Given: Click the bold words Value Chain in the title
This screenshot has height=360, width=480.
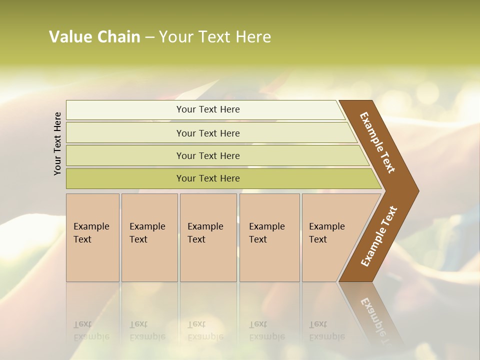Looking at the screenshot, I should click(x=94, y=37).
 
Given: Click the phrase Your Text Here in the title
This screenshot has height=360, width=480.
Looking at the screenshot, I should click(x=215, y=37).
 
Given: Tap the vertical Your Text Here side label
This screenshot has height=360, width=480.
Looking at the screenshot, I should click(x=57, y=143).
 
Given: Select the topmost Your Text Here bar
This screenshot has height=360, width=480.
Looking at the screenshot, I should click(x=207, y=109).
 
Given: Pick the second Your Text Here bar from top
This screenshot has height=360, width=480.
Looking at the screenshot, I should click(x=207, y=133).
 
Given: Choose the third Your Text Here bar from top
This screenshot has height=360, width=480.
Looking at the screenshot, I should click(x=207, y=155).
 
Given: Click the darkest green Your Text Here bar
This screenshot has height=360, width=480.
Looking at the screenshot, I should click(x=207, y=178).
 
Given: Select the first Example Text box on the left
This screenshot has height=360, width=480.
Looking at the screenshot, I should click(x=92, y=237).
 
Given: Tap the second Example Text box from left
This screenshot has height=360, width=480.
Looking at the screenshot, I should click(x=149, y=237).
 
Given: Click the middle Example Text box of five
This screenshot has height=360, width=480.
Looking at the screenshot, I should click(x=208, y=237).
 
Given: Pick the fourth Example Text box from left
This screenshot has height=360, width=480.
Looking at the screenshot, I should click(x=269, y=237).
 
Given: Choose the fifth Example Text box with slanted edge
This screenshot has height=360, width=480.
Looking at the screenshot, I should click(x=330, y=237).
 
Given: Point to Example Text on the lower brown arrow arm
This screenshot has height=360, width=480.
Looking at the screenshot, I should click(x=378, y=236).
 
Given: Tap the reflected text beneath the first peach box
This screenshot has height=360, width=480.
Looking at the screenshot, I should click(x=91, y=330).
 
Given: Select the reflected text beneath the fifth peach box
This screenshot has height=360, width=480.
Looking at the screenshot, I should click(x=326, y=330).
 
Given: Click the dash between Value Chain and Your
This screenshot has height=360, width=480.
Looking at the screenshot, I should click(x=149, y=37).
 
